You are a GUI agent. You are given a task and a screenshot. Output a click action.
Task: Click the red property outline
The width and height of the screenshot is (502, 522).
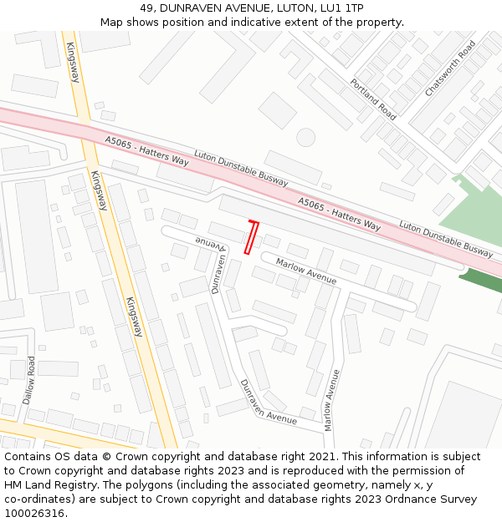click(x=250, y=237)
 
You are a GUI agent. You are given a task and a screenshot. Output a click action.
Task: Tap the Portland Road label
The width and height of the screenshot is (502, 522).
click(x=372, y=99)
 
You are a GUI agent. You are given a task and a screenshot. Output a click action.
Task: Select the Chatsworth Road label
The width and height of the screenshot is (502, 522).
click(x=449, y=68)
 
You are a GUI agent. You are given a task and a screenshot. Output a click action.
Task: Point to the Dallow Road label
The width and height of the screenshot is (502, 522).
click(x=30, y=381)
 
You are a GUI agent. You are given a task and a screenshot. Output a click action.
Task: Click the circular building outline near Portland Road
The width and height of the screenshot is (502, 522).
click(x=305, y=136)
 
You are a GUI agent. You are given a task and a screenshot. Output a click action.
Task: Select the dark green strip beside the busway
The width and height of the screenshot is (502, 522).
click(x=481, y=280)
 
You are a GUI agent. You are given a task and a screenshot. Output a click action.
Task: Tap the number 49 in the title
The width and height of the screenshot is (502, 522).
click(x=146, y=8)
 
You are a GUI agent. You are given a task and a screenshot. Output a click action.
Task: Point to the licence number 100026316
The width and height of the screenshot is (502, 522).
click(x=35, y=513)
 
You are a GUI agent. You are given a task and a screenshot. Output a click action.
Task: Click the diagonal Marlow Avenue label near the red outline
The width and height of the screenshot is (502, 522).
click(x=306, y=271)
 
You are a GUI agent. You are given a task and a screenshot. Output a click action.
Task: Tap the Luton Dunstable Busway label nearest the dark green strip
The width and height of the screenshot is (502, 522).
click(x=446, y=238)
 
